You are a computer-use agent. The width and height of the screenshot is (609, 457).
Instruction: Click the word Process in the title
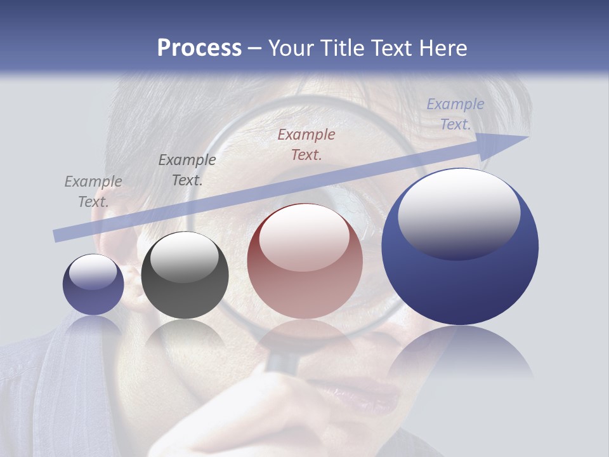click(199, 48)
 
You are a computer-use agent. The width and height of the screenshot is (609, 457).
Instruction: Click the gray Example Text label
click(93, 191)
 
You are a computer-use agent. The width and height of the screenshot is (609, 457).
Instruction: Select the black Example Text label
click(187, 169)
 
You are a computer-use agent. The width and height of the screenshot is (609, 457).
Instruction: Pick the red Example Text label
click(306, 144)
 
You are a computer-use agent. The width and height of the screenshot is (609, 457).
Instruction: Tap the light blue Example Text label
click(455, 114)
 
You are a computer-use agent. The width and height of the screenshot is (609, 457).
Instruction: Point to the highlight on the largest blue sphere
click(459, 213)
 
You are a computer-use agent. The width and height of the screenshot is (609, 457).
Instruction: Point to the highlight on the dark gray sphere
click(185, 257)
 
